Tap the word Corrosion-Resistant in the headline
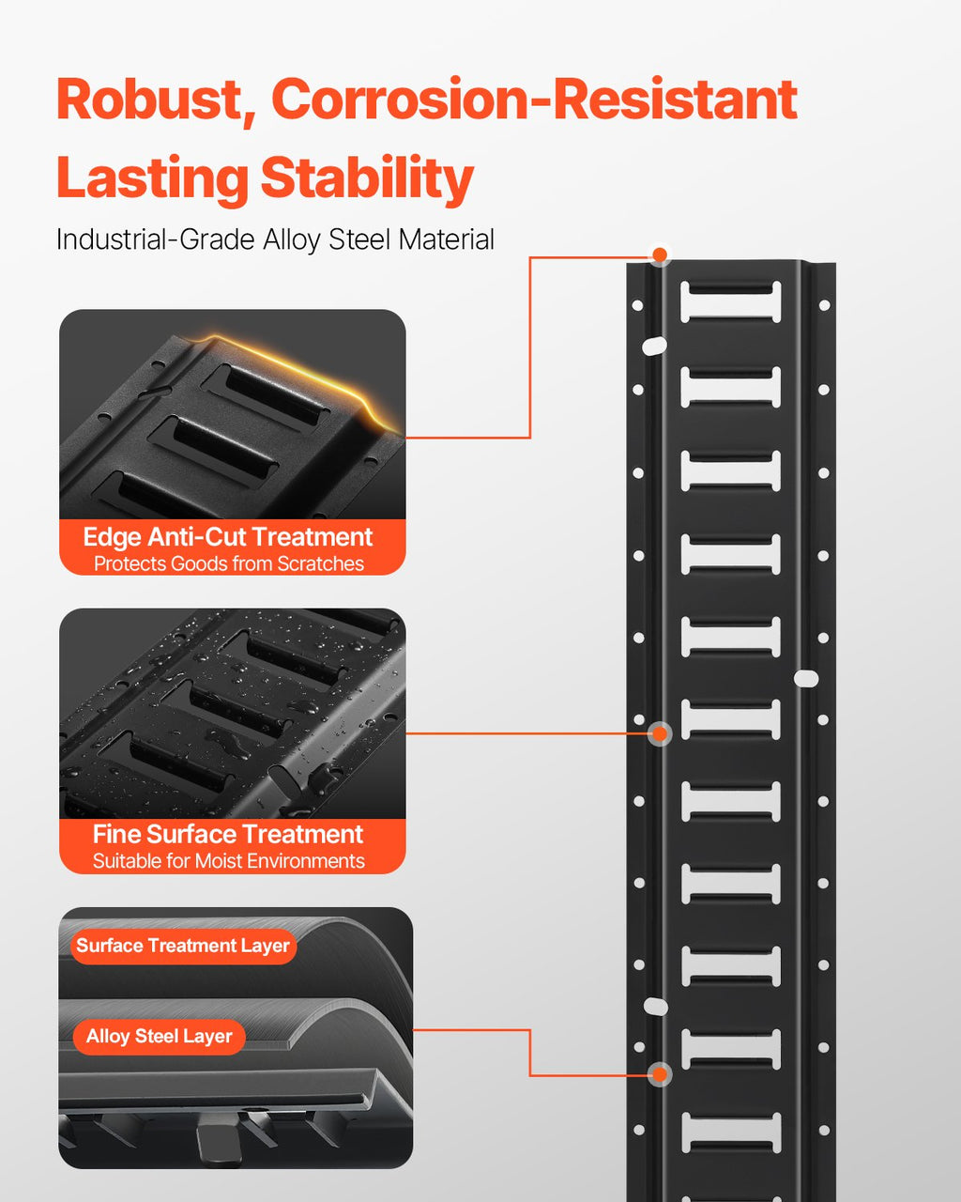pyautogui.click(x=534, y=99)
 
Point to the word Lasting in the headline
pyautogui.click(x=152, y=178)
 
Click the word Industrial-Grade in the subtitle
pyautogui.click(x=156, y=240)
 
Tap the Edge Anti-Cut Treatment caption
pyautogui.click(x=228, y=537)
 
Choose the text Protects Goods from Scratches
pyautogui.click(x=229, y=563)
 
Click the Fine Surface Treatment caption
pyautogui.click(x=228, y=834)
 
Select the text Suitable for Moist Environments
pyautogui.click(x=229, y=861)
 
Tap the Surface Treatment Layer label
pyautogui.click(x=183, y=946)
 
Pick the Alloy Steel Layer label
pyautogui.click(x=160, y=1037)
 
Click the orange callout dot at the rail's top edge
pyautogui.click(x=660, y=254)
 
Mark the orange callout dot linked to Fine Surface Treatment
pyautogui.click(x=660, y=734)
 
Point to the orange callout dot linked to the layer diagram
pyautogui.click(x=660, y=1074)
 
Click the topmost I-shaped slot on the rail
pyautogui.click(x=730, y=301)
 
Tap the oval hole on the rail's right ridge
pyautogui.click(x=806, y=679)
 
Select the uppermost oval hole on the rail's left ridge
pyautogui.click(x=654, y=346)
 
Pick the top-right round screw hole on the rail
pyautogui.click(x=824, y=305)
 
